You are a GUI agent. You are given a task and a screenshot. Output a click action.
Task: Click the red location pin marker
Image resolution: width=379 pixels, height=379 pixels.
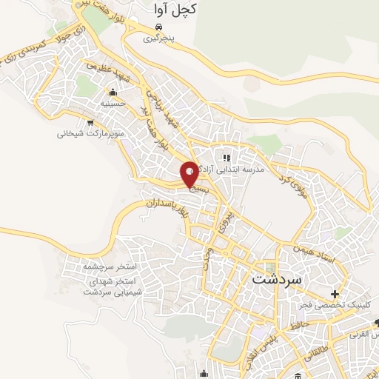[x=190, y=174]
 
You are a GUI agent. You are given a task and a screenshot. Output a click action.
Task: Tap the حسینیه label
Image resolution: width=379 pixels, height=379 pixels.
[x=113, y=104]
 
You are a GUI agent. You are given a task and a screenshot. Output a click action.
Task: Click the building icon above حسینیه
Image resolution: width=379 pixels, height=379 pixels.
[x=113, y=93]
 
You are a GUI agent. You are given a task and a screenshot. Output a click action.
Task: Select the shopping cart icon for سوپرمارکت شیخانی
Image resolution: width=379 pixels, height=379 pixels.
[x=90, y=123]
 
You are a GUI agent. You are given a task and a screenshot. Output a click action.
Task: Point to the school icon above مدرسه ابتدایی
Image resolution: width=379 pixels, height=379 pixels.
[x=227, y=157]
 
